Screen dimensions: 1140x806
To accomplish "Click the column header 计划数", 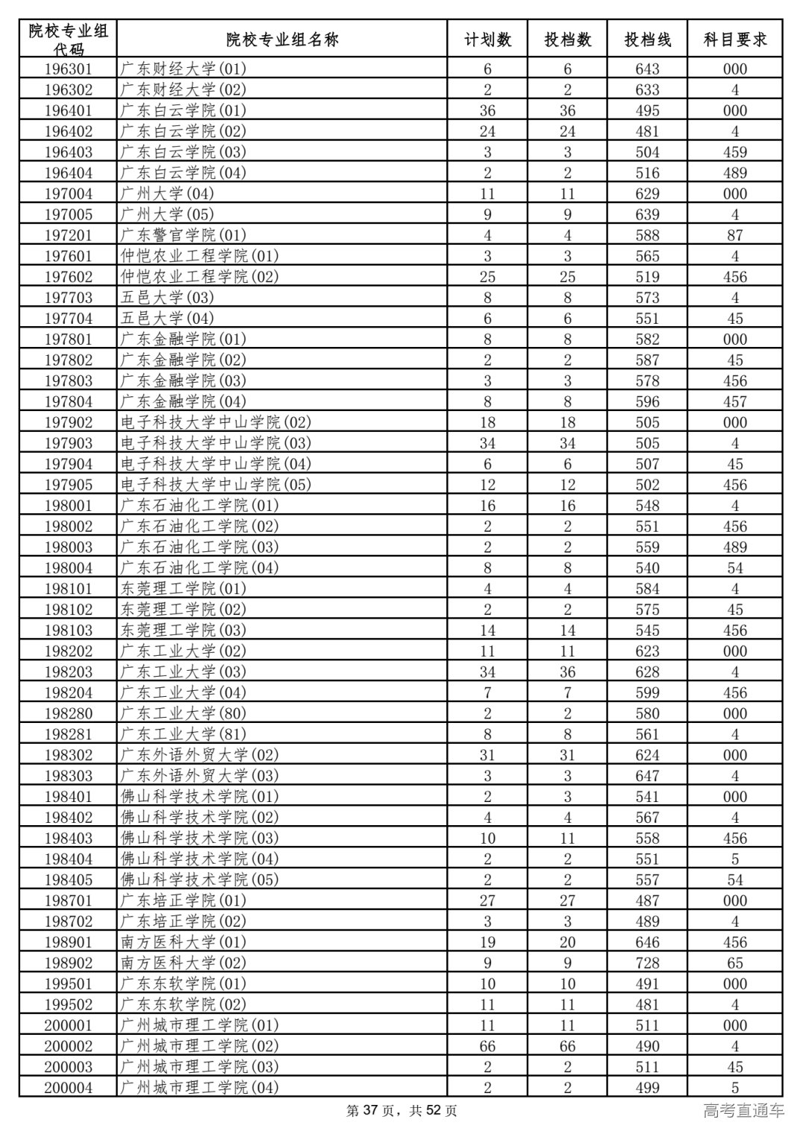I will point(487,40).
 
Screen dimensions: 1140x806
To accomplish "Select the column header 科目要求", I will point(735,40).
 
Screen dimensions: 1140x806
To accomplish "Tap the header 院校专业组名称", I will point(282,40).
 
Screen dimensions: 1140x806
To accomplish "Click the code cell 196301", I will point(69,69).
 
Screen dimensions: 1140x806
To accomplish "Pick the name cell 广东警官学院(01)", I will point(184,235).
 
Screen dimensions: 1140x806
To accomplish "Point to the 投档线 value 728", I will point(647,962).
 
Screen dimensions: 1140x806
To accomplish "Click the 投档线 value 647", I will point(647,775).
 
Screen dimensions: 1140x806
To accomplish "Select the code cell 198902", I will point(69,962).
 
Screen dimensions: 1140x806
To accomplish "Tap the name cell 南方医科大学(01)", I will point(184,942).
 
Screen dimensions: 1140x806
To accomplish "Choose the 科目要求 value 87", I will point(735,235).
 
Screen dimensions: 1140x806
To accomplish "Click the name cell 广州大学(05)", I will point(167,214).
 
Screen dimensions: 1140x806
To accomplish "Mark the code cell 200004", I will point(69,1087).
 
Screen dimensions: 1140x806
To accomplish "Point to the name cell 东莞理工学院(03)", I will point(184,630).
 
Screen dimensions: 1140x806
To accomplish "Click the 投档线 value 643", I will point(647,69).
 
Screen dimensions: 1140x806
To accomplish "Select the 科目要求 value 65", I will point(735,962).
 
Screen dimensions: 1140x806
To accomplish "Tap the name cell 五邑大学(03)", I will point(167,297).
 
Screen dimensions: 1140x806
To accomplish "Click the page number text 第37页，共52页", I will point(402,1111).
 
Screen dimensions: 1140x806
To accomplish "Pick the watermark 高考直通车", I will point(743,1111).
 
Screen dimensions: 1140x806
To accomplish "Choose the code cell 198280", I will point(69,713).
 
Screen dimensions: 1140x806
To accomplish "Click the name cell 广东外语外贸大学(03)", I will point(200,775).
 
